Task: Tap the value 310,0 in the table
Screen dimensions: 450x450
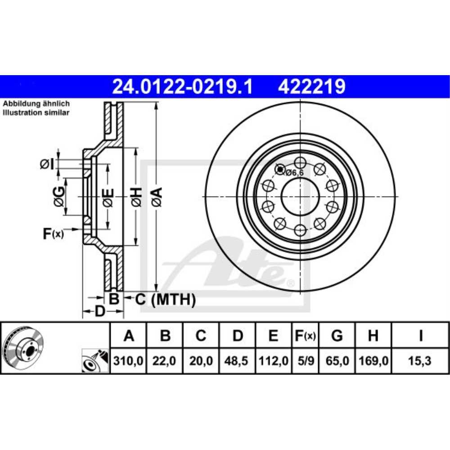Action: tap(129, 361)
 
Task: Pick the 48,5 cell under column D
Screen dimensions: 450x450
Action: tap(238, 361)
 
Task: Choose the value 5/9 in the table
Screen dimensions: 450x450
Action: tap(305, 361)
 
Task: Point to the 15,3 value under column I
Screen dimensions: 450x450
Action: tap(420, 361)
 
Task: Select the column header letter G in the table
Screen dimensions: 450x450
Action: tap(337, 335)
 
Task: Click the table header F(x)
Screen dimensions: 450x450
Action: tap(305, 335)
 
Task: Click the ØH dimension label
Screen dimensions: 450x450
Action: tap(136, 197)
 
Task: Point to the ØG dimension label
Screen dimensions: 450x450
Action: tap(59, 197)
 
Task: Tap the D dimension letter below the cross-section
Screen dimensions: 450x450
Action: tap(99, 310)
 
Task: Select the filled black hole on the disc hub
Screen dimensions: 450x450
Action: tap(280, 170)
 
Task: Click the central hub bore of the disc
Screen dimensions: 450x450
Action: tap(300, 196)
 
